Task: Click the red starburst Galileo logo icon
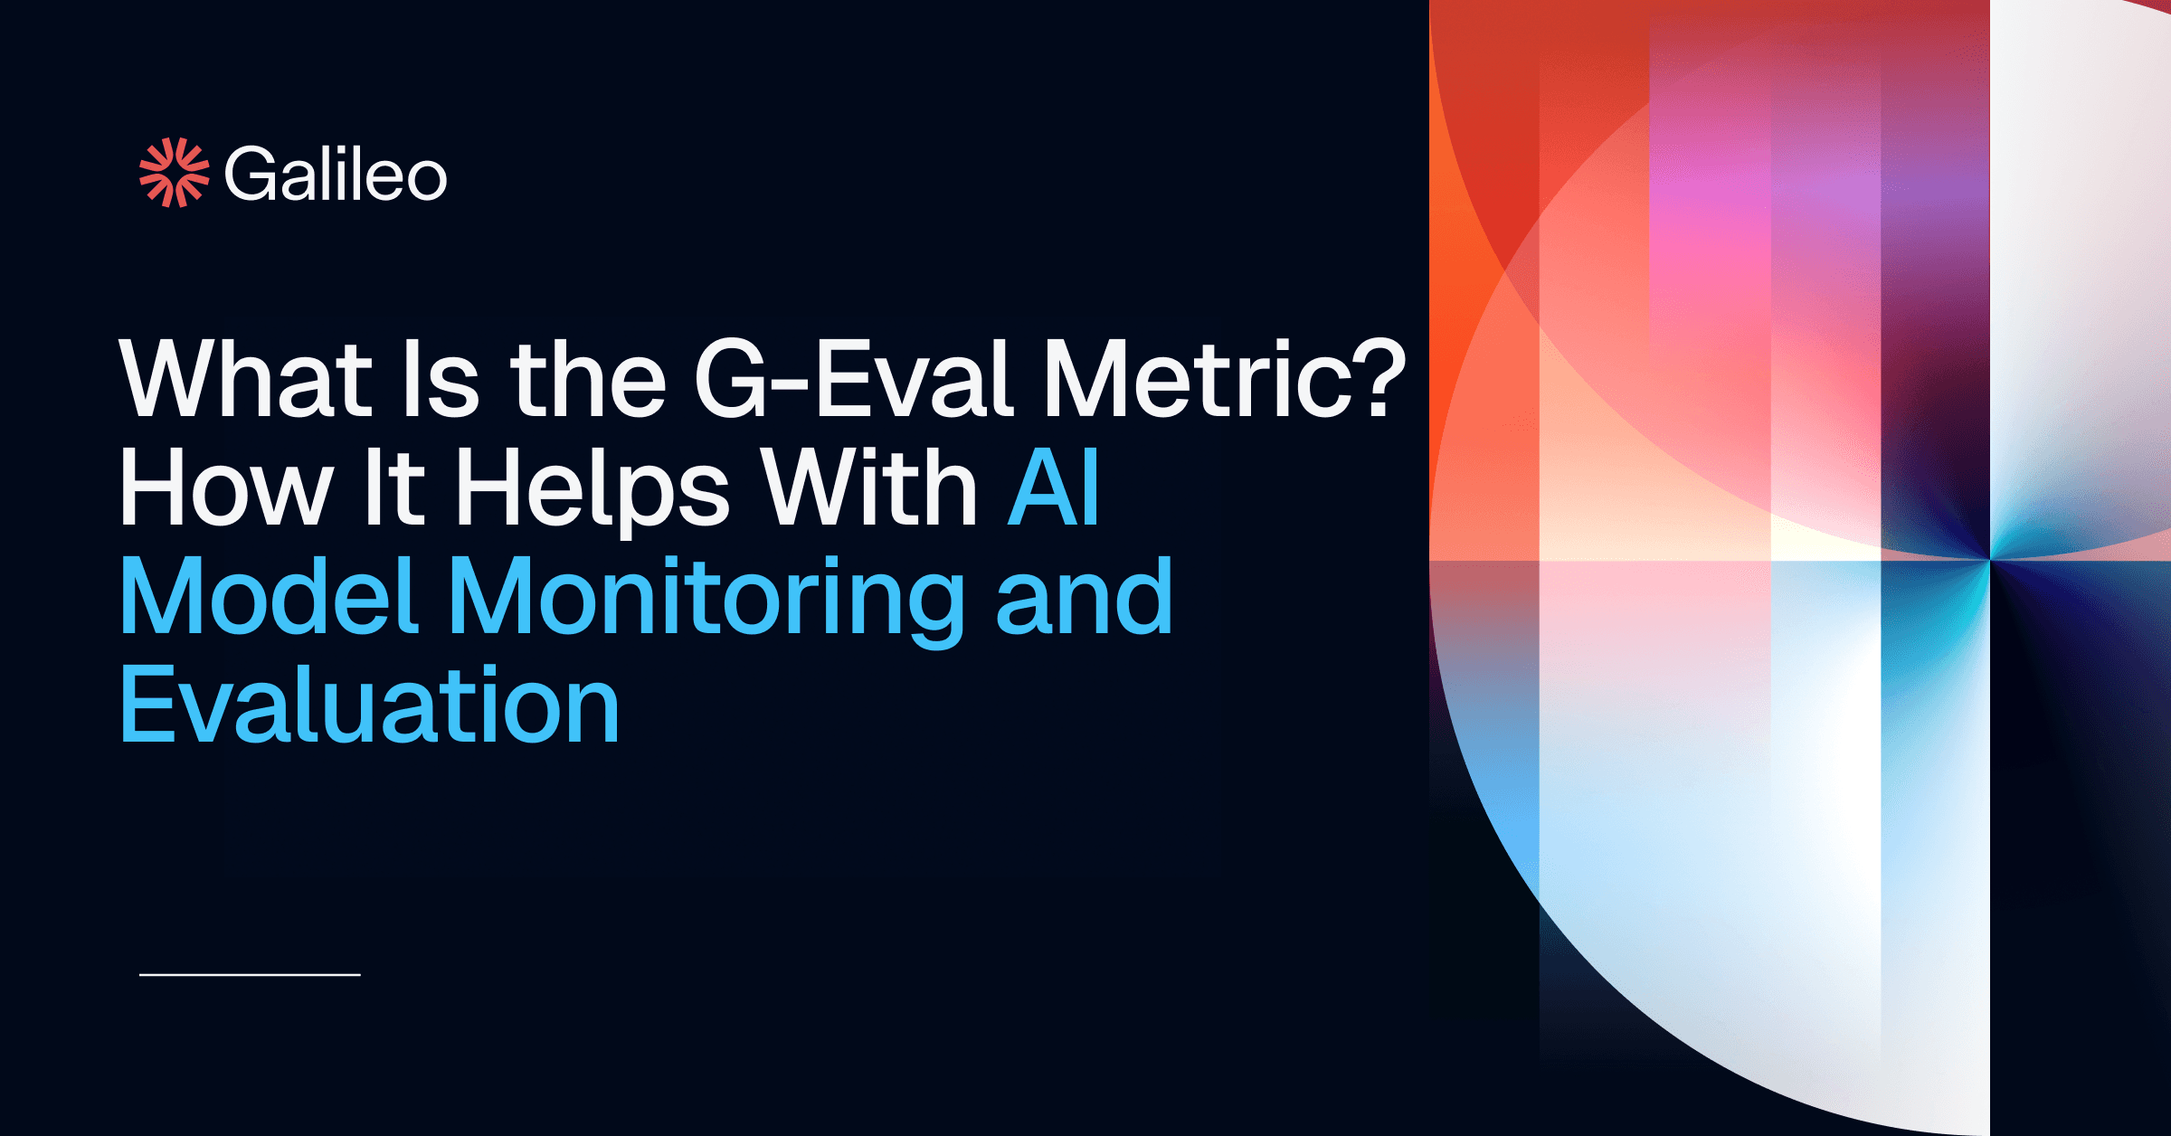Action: point(174,173)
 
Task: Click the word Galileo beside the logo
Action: point(336,174)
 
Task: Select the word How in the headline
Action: point(226,488)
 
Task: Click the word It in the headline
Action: point(393,488)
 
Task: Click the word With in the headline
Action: point(868,488)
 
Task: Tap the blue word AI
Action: point(1055,488)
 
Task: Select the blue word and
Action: point(1084,597)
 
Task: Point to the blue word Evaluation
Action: point(369,705)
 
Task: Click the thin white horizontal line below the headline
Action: point(250,975)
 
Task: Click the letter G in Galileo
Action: point(251,174)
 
